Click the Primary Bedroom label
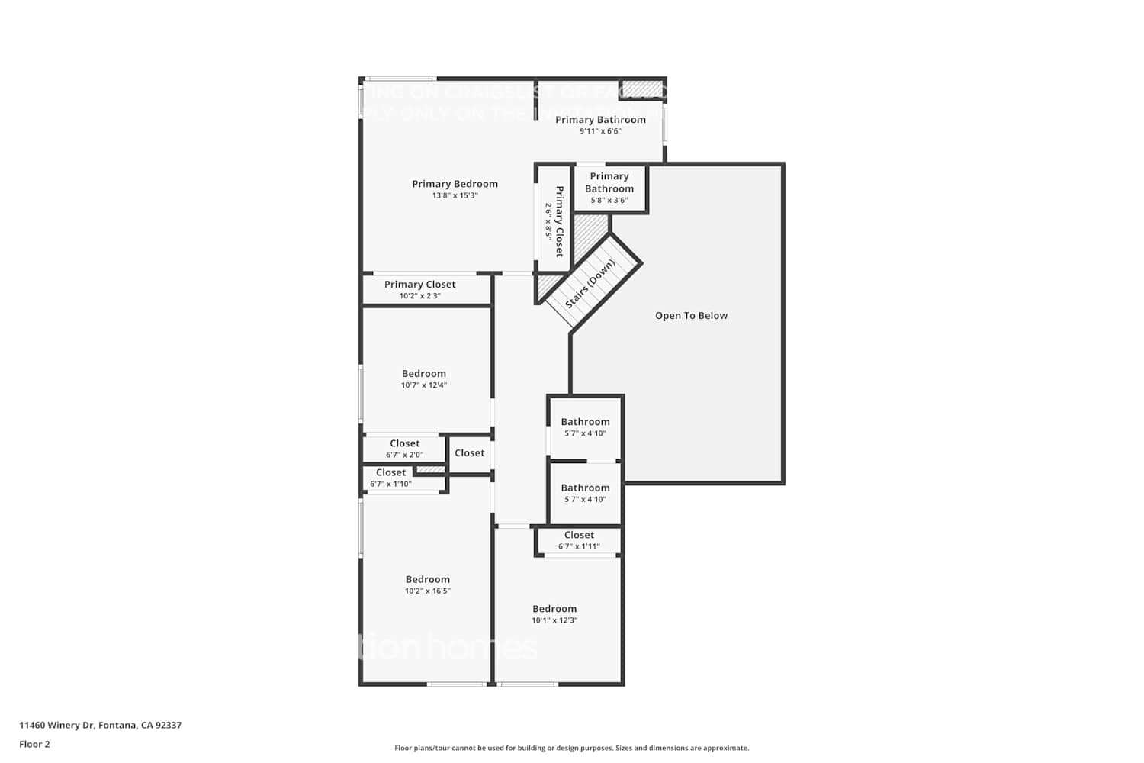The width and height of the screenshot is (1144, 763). point(455,184)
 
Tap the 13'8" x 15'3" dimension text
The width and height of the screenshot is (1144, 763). point(455,195)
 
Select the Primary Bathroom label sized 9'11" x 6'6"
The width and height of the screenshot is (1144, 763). point(600,120)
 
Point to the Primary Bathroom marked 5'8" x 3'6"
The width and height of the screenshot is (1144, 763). point(609,183)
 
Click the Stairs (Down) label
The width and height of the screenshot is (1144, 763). point(590,285)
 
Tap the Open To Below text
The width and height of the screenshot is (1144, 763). point(691,316)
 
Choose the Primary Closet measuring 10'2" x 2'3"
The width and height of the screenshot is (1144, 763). point(419,285)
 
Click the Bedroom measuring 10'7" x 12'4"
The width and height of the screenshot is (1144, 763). point(424,374)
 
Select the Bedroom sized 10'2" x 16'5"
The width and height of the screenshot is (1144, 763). point(427,580)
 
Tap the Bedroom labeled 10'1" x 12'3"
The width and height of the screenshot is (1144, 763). point(554,609)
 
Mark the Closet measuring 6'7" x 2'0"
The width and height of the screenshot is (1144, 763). point(404,443)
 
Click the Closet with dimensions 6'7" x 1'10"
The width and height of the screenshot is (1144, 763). point(390,473)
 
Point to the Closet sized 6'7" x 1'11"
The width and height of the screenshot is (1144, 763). point(579,536)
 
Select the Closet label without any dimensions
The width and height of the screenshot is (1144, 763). point(469,453)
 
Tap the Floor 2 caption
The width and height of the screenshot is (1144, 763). point(34,745)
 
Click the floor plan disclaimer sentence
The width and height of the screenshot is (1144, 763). point(571,749)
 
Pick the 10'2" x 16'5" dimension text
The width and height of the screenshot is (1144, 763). point(427,591)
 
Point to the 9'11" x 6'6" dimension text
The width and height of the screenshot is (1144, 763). point(600,131)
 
